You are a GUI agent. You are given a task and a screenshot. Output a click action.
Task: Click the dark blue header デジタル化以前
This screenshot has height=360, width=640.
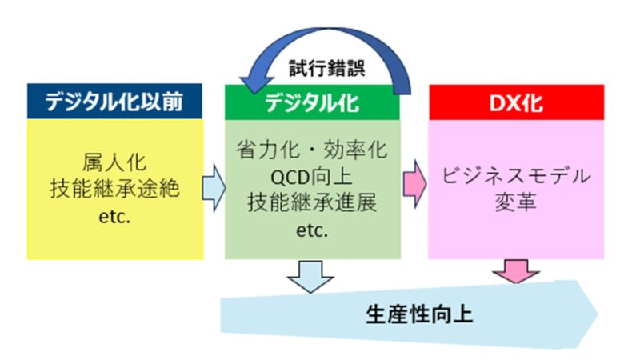(114, 102)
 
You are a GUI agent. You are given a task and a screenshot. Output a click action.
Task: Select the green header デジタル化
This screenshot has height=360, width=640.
(312, 102)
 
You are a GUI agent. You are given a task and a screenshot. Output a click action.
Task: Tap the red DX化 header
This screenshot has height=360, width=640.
(516, 102)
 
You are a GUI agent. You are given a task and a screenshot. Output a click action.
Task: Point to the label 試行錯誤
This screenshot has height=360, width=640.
(327, 68)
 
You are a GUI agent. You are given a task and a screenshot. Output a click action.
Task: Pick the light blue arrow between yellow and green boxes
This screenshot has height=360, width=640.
(214, 188)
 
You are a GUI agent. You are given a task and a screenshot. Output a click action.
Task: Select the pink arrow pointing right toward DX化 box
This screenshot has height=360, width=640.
(414, 184)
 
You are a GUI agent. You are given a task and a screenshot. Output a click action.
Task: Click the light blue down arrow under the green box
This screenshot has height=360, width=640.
(310, 276)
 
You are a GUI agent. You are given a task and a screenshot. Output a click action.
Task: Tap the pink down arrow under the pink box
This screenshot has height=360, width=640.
(516, 270)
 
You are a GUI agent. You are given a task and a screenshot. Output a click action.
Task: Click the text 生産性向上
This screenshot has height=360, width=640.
(419, 314)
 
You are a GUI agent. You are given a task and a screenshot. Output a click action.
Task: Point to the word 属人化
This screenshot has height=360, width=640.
(114, 162)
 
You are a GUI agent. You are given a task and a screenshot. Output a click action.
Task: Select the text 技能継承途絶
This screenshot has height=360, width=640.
(114, 189)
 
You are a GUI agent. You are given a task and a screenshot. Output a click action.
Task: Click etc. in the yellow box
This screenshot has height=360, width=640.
(114, 217)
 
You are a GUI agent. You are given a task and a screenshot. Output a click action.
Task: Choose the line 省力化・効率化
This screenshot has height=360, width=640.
(312, 150)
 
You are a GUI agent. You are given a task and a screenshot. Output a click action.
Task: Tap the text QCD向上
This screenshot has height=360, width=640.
(312, 176)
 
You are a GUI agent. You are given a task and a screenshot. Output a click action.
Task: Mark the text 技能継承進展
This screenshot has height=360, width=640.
(312, 203)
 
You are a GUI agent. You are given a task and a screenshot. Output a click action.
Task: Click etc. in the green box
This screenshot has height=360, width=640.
(312, 230)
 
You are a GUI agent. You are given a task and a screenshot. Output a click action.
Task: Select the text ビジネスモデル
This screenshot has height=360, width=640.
(516, 176)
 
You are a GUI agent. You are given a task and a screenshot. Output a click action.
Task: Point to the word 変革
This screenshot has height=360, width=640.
(516, 202)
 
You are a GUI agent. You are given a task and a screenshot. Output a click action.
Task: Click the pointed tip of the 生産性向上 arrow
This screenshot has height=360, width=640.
(598, 314)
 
